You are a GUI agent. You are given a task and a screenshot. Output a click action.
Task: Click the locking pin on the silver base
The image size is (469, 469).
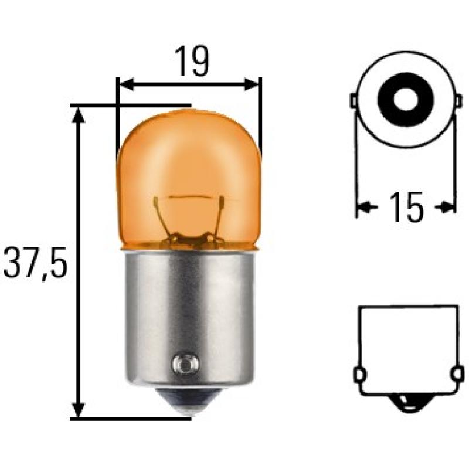click(x=182, y=363)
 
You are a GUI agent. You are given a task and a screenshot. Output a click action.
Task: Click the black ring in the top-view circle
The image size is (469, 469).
click(x=405, y=100)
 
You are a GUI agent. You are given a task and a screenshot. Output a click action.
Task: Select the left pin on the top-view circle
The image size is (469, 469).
click(x=354, y=101)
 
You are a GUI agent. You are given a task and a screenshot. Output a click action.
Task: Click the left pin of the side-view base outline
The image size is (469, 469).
click(x=359, y=373)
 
